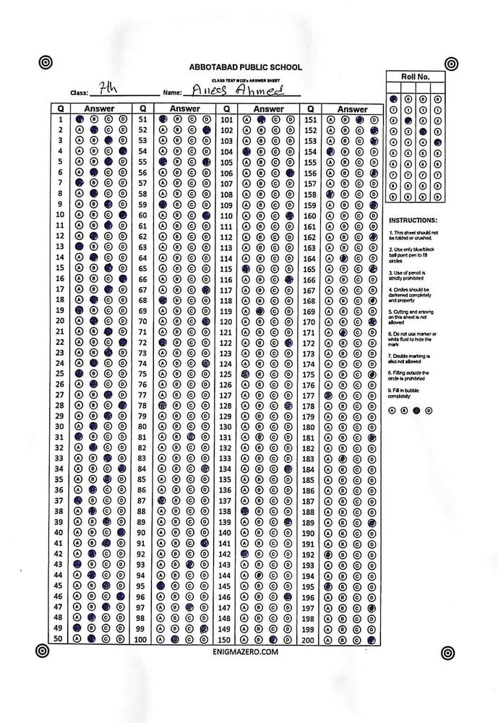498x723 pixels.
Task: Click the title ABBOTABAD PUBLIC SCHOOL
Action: click(x=245, y=67)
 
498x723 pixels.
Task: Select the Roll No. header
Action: click(x=416, y=76)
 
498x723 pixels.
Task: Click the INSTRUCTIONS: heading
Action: click(x=413, y=220)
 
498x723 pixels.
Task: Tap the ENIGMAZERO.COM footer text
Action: click(x=246, y=651)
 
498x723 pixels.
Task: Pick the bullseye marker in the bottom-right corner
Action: click(x=450, y=651)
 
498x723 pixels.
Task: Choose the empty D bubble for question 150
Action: click(x=290, y=641)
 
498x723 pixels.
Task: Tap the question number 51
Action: click(x=143, y=119)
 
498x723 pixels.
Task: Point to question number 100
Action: click(x=142, y=641)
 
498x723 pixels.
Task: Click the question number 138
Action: click(x=226, y=511)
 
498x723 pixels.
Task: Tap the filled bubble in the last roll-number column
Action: click(x=437, y=143)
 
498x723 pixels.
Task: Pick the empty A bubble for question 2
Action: click(x=80, y=130)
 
